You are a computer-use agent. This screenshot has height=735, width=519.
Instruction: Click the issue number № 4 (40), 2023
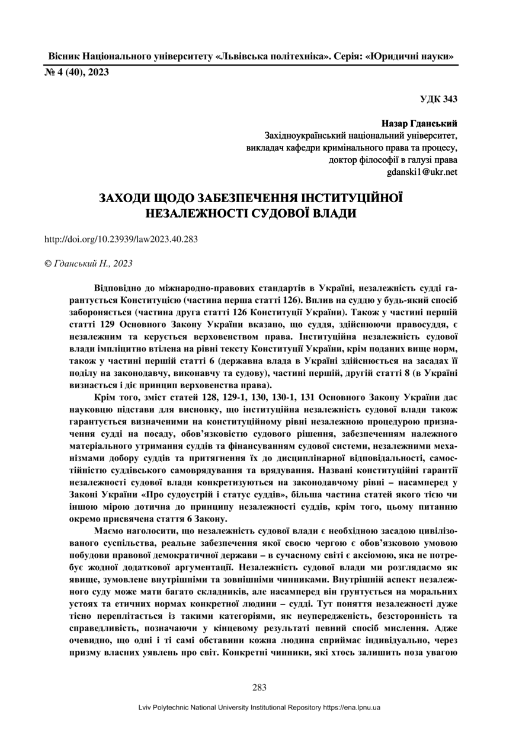[77, 73]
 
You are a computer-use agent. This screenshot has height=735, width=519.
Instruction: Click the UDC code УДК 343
[438, 99]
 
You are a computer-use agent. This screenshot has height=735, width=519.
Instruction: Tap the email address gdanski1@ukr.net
[422, 172]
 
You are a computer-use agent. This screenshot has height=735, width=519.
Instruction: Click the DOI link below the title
[121, 239]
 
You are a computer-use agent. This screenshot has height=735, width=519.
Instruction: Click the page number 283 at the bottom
[259, 687]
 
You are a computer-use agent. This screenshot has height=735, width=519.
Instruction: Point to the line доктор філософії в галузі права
[393, 160]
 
